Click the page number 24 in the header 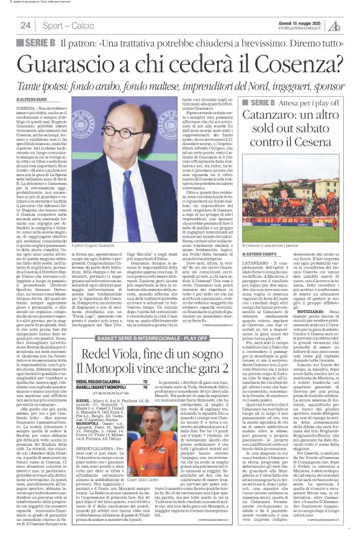pos(25,25)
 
